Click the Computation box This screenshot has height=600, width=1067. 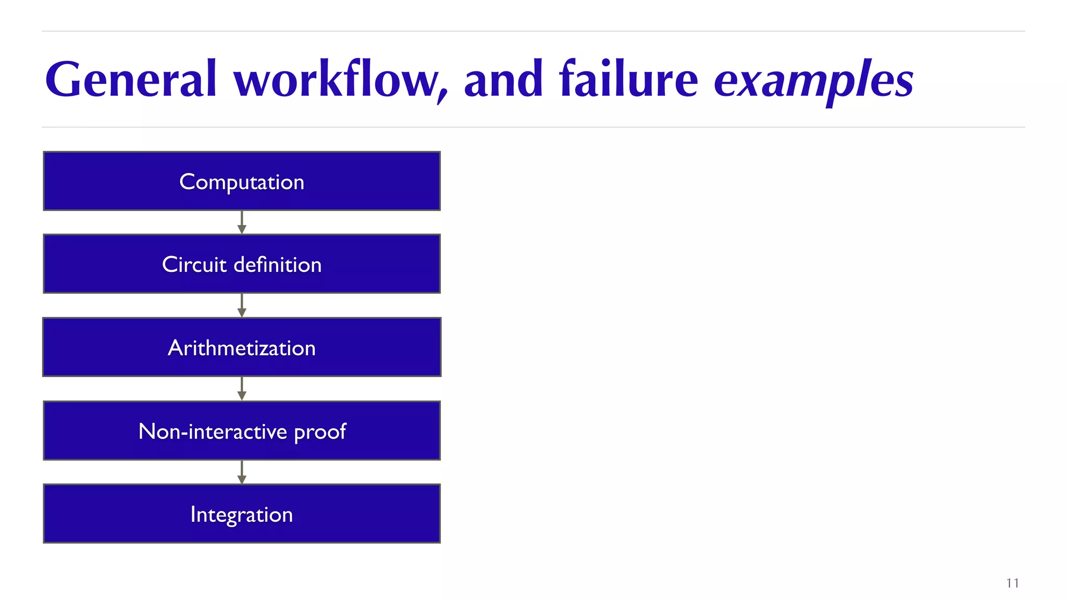[242, 181]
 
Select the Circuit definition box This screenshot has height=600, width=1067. [242, 264]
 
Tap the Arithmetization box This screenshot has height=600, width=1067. [242, 347]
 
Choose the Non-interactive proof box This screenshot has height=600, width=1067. [242, 431]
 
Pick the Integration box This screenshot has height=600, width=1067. [242, 514]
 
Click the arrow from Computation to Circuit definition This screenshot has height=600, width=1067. [242, 223]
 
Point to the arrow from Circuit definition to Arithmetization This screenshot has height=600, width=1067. [242, 306]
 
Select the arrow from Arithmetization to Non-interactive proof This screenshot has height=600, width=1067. [242, 389]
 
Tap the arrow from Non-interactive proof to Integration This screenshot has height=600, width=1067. [242, 472]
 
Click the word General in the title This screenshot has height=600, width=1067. [130, 80]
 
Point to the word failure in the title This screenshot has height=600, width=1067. [628, 80]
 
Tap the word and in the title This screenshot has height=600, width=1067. [503, 80]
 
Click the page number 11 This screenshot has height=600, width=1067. [1012, 583]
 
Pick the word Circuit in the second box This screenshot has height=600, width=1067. [194, 265]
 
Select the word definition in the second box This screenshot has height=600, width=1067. [278, 265]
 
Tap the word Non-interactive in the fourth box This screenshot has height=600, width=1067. [213, 431]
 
